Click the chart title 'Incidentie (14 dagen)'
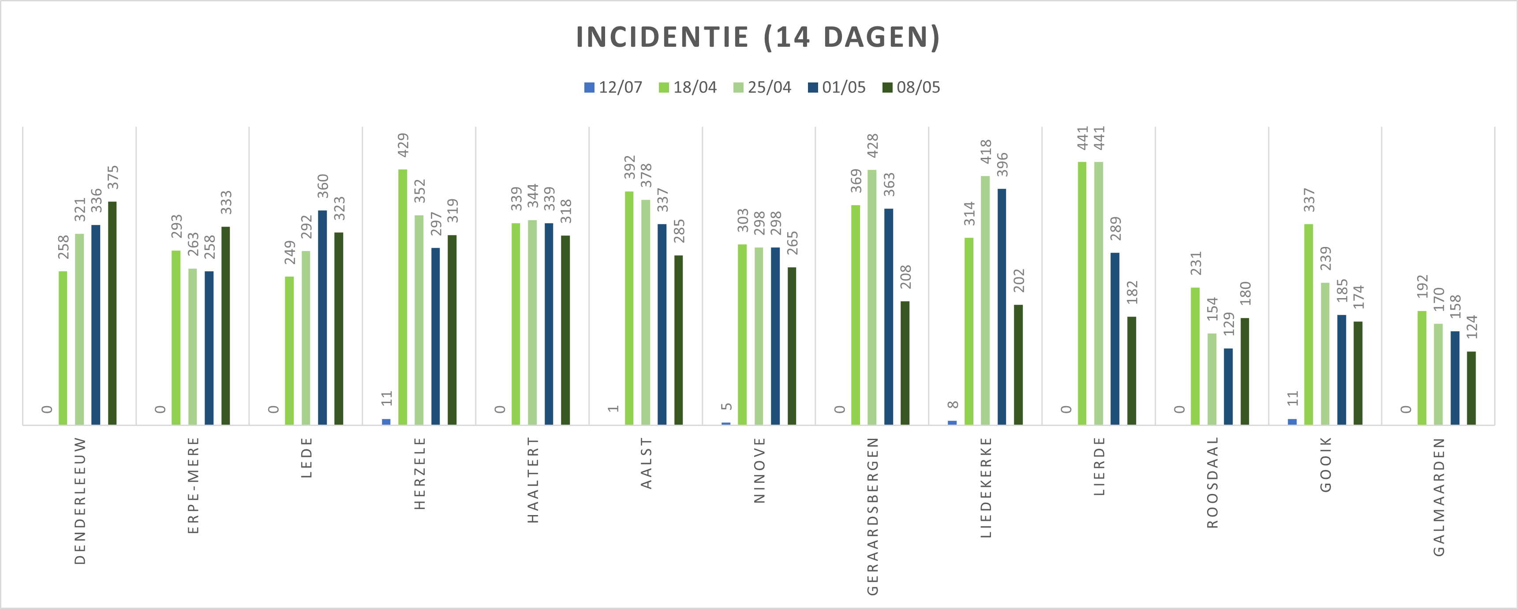[758, 37]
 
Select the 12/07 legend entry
[613, 88]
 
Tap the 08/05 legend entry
[911, 88]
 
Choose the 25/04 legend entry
[762, 88]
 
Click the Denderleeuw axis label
[80, 501]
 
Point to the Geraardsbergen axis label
[873, 516]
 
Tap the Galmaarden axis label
[1439, 497]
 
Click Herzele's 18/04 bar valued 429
[403, 297]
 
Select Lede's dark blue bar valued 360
[322, 318]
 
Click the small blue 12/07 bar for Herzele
[386, 422]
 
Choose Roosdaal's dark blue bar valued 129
[1228, 386]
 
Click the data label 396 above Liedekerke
[1002, 165]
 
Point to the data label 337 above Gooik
[1309, 200]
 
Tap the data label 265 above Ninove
[793, 243]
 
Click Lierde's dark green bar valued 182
[1131, 370]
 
